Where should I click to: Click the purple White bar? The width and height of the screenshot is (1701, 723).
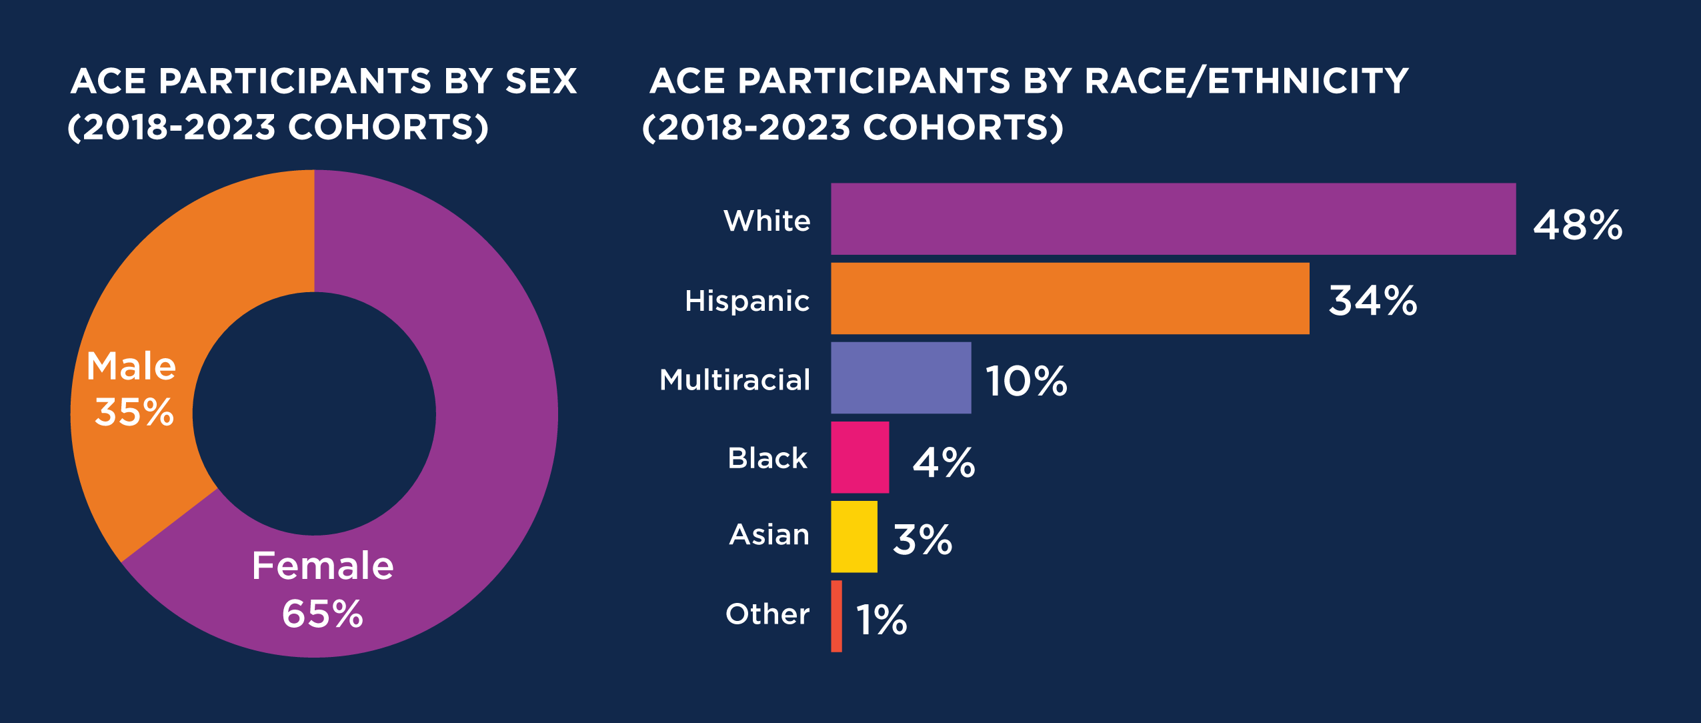[x=1173, y=219]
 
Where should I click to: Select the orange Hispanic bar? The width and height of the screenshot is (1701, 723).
[x=1070, y=298]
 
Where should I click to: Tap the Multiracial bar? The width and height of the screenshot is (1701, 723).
[x=901, y=378]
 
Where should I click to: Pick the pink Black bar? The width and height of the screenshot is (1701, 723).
[x=860, y=457]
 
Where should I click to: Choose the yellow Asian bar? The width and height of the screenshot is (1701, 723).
[x=854, y=536]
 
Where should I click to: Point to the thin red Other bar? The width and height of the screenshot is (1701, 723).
[x=836, y=616]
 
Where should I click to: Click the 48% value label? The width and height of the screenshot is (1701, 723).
[x=1578, y=225]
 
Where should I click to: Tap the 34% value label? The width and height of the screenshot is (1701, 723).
[x=1372, y=301]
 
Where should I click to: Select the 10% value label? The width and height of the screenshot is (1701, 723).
[x=1026, y=382]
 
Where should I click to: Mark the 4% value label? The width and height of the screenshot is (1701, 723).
[x=944, y=462]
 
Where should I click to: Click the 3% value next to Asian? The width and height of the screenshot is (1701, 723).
[x=922, y=540]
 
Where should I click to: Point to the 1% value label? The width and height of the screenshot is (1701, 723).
[x=881, y=620]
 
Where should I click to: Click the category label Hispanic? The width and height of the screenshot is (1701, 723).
[x=747, y=301]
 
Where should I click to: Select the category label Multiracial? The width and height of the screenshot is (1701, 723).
[x=735, y=380]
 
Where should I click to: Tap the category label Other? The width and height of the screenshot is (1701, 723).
[x=767, y=614]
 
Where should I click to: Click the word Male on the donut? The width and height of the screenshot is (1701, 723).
[x=131, y=366]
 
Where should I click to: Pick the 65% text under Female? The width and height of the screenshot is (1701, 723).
[x=322, y=614]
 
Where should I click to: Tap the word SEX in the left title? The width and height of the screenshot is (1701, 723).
[x=541, y=81]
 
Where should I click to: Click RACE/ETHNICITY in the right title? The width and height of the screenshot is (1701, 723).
[x=1246, y=81]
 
